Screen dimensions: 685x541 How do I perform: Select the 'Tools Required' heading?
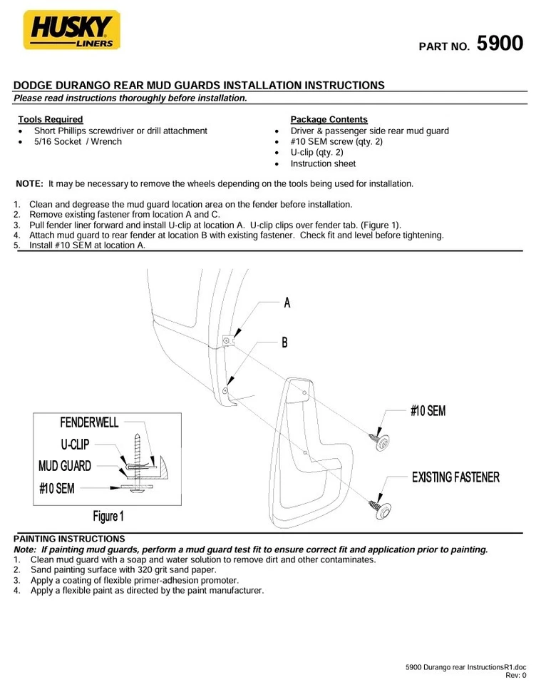click(51, 119)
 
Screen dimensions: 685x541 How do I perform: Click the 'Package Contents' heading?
click(329, 119)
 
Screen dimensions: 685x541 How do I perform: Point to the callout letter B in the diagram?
click(284, 343)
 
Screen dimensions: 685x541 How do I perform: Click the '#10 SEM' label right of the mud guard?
click(428, 411)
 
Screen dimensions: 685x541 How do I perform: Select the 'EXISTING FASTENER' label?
click(455, 477)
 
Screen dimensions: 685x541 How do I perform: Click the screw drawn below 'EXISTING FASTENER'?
click(378, 507)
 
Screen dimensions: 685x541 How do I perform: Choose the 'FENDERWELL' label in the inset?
click(89, 422)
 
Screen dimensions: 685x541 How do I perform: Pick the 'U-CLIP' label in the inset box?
click(75, 444)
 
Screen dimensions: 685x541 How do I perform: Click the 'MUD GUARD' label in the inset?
click(65, 466)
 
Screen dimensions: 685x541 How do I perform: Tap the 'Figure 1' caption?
click(108, 515)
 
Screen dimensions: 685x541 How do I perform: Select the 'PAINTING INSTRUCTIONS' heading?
click(69, 539)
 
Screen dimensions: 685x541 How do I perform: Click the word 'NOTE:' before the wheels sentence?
click(30, 183)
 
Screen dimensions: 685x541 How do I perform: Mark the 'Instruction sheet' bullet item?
click(323, 163)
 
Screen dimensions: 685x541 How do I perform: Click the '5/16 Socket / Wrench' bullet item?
click(78, 141)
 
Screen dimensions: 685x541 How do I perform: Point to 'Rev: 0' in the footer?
click(515, 675)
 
